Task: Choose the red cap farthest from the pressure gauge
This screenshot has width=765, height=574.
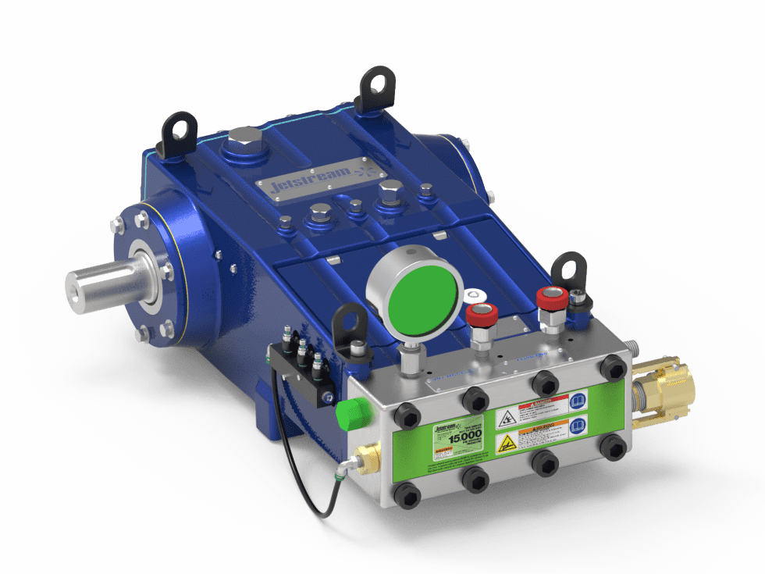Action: [x=551, y=299]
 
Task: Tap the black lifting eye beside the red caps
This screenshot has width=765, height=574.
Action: [x=567, y=273]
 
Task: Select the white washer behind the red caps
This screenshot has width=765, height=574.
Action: [x=473, y=295]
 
